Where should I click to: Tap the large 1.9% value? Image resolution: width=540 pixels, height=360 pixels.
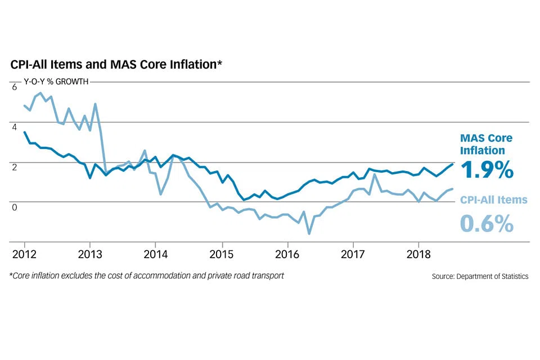(487, 169)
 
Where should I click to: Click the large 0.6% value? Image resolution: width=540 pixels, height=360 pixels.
(487, 223)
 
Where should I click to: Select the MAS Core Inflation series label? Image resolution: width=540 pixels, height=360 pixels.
(486, 144)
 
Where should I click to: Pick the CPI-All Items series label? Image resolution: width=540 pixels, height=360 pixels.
(494, 199)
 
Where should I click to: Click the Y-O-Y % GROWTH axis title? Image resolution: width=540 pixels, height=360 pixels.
(56, 82)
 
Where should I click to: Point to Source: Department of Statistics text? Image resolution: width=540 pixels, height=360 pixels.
(480, 276)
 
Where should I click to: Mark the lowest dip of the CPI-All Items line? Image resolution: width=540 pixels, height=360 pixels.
(309, 233)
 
